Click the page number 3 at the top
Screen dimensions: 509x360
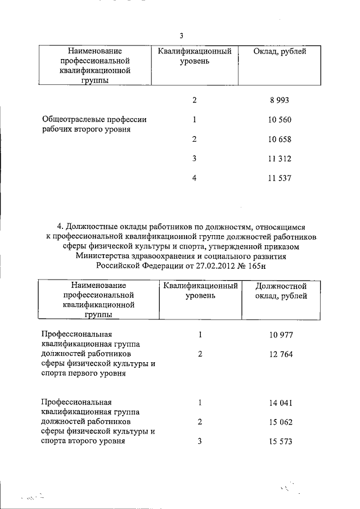pyautogui.click(x=181, y=36)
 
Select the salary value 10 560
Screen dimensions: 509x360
pyautogui.click(x=280, y=120)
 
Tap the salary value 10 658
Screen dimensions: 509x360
pyautogui.click(x=280, y=139)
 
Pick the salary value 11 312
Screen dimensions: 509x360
pyautogui.click(x=280, y=159)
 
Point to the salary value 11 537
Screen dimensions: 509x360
pyautogui.click(x=280, y=178)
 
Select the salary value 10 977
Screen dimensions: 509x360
pyautogui.click(x=281, y=335)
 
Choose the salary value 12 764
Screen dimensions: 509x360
pyautogui.click(x=281, y=354)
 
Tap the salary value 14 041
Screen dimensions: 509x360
pyautogui.click(x=281, y=403)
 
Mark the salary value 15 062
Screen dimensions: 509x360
pyautogui.click(x=281, y=422)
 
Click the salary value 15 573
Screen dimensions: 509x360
pyautogui.click(x=281, y=442)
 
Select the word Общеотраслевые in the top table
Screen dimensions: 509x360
pyautogui.click(x=70, y=119)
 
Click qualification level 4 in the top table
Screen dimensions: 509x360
pyautogui.click(x=194, y=178)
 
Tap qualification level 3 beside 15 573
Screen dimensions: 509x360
pyautogui.click(x=200, y=442)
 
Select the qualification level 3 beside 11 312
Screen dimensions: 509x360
pyautogui.click(x=194, y=159)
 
